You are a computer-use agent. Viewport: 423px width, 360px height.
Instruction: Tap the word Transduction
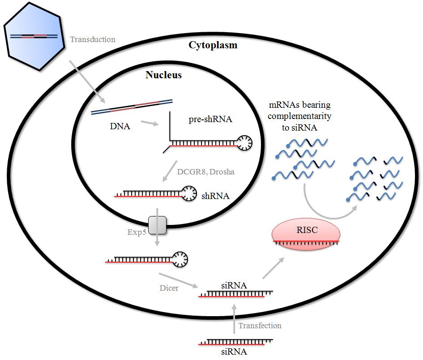[93, 39]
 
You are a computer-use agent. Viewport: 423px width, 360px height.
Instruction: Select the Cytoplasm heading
[213, 45]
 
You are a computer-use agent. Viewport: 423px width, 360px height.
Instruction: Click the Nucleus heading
[163, 75]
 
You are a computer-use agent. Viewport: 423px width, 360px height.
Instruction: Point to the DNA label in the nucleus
[120, 127]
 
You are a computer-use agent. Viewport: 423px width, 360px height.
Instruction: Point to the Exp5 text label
[137, 232]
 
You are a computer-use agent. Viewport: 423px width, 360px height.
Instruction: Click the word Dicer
[169, 288]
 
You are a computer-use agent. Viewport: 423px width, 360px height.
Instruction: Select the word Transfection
[260, 326]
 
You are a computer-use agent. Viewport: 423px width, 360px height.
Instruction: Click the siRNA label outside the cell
[234, 352]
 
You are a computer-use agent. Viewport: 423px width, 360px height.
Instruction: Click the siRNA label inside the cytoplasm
[234, 284]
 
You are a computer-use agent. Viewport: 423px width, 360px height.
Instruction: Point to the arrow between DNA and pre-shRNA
[149, 123]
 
